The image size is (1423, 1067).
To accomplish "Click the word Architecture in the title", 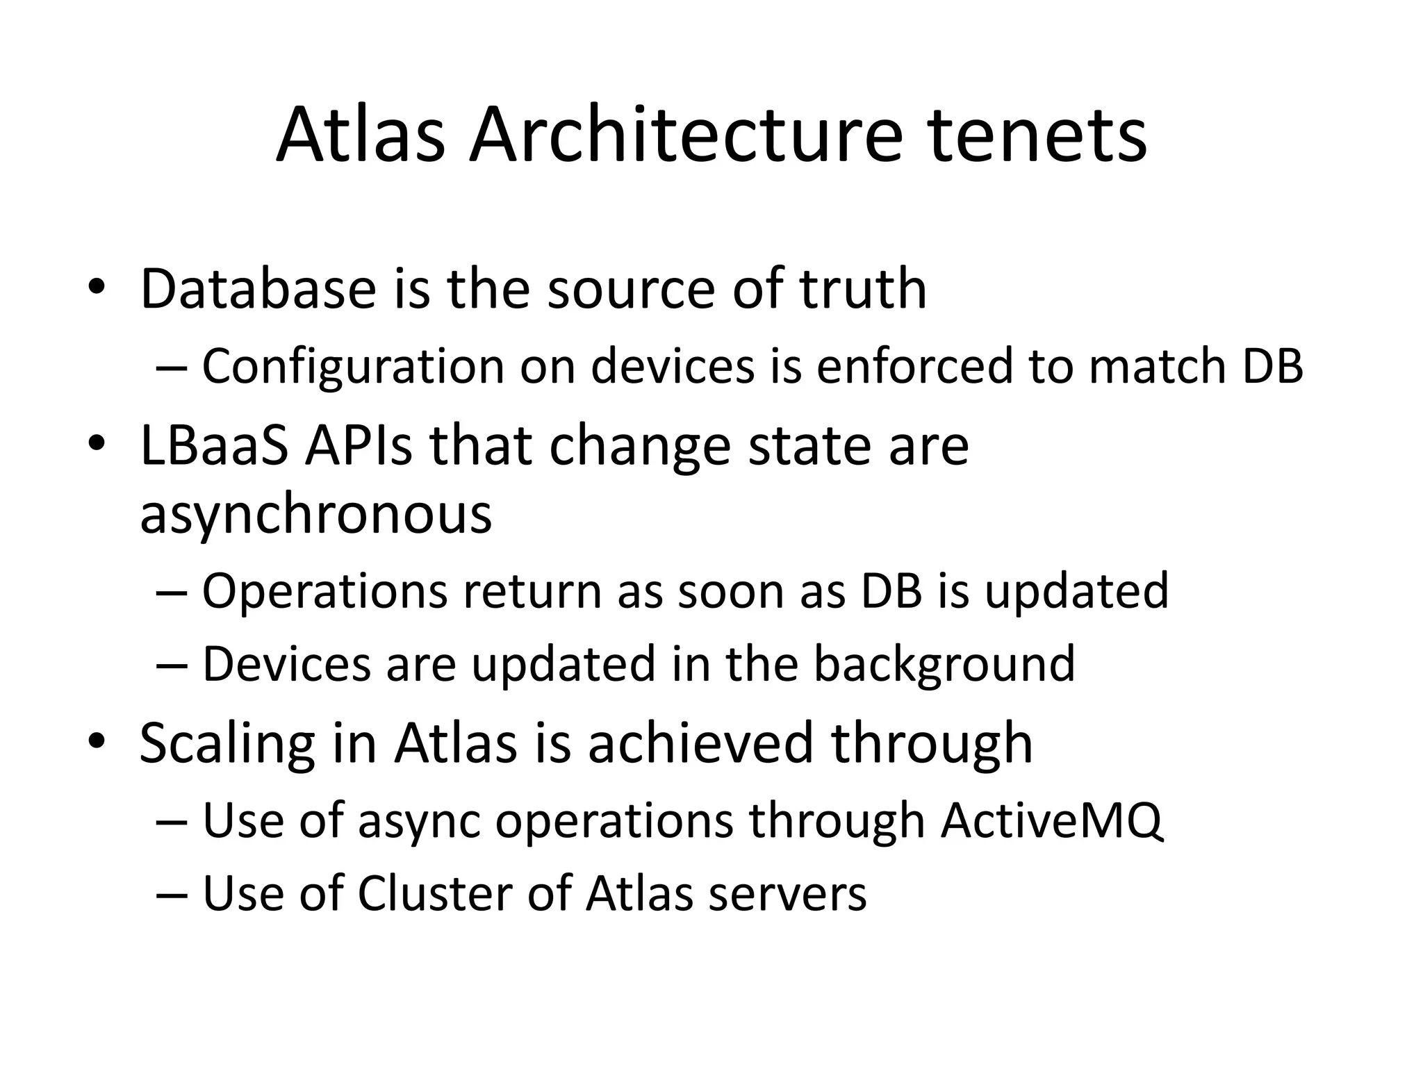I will pos(686,135).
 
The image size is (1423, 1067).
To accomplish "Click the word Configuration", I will pos(353,366).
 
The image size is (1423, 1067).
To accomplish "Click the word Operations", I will pos(324,591).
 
